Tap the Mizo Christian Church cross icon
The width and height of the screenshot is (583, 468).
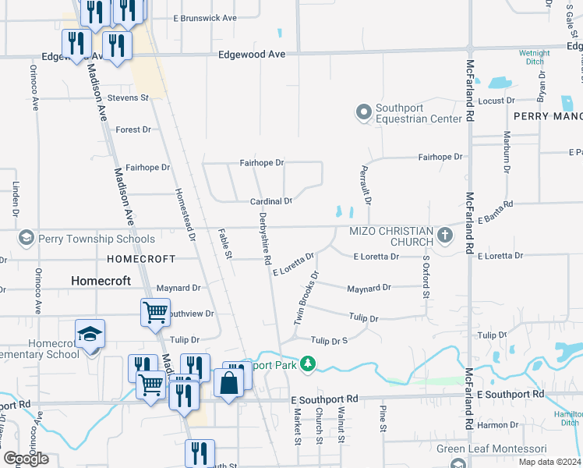[x=445, y=236]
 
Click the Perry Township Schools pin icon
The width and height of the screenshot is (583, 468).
[x=26, y=238]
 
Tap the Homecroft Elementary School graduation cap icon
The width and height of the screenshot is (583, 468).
[x=90, y=335]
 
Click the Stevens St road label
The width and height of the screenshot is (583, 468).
[x=128, y=98]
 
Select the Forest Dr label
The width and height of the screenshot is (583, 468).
[x=132, y=129]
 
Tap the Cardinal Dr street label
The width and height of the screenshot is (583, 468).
[x=270, y=201]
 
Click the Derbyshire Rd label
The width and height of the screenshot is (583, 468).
[x=265, y=238]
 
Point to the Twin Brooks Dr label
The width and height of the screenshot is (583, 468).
[x=307, y=298]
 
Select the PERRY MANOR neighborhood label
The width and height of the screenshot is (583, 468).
[x=547, y=115]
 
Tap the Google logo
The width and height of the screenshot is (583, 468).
[x=26, y=459]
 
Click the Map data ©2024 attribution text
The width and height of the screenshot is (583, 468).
[x=549, y=462]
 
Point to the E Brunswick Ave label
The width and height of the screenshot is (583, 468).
[x=204, y=17]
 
